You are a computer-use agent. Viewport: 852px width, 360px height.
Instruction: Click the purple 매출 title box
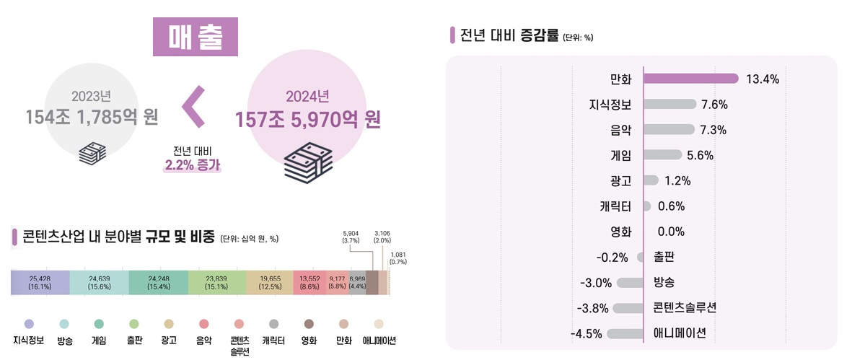tap(195, 37)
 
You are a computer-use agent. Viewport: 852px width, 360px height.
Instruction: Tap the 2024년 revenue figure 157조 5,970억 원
tap(308, 119)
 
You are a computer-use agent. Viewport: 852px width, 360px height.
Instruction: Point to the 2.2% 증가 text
tap(192, 164)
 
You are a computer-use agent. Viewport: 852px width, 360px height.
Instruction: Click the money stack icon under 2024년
tap(308, 162)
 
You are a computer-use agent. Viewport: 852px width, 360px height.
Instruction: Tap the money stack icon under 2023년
tap(92, 154)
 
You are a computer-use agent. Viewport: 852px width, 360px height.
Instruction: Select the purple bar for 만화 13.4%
tap(690, 79)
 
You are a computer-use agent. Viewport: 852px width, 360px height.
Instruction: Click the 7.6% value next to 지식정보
tap(713, 105)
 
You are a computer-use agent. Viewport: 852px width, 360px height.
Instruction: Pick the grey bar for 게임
tap(662, 154)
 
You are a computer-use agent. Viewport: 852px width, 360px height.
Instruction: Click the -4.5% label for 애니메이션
tap(587, 334)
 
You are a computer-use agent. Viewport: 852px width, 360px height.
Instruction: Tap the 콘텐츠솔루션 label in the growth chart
tap(685, 308)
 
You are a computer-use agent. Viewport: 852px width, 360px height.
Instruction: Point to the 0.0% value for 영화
tap(671, 232)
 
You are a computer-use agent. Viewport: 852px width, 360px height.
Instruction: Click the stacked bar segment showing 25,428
tap(40, 282)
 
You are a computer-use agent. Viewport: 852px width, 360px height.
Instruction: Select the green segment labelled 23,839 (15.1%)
tap(216, 282)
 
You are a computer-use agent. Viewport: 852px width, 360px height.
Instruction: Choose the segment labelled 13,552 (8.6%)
tap(309, 282)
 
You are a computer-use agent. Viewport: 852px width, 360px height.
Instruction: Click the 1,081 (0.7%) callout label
tap(398, 258)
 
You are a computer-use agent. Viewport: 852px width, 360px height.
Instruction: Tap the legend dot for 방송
tap(64, 324)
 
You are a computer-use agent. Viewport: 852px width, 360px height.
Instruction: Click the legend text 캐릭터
tap(273, 340)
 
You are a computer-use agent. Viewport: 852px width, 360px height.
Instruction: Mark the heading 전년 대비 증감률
tap(509, 35)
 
